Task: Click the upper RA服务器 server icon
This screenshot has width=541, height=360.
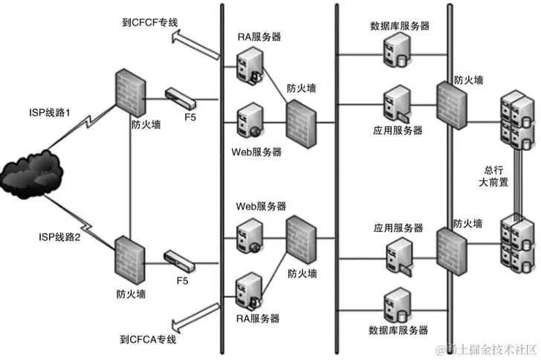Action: [x=248, y=65]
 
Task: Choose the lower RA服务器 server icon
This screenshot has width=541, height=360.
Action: [x=248, y=291]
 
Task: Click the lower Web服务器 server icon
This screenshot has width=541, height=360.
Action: [x=248, y=236]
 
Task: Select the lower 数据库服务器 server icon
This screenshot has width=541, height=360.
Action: [x=395, y=305]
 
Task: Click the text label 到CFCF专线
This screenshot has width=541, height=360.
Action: [x=150, y=23]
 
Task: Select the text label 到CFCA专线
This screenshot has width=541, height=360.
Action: [x=148, y=339]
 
